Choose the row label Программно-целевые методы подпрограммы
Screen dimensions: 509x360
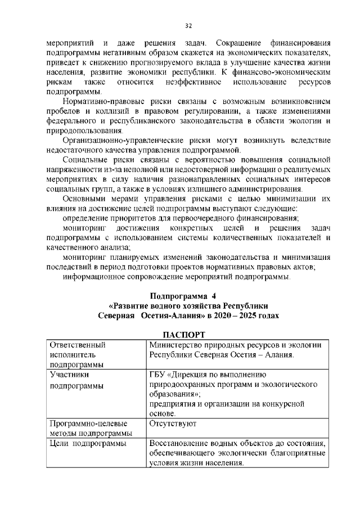coord(91,427)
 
